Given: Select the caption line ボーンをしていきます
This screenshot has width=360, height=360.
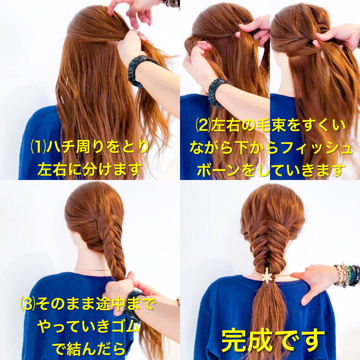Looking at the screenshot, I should click(x=270, y=170).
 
